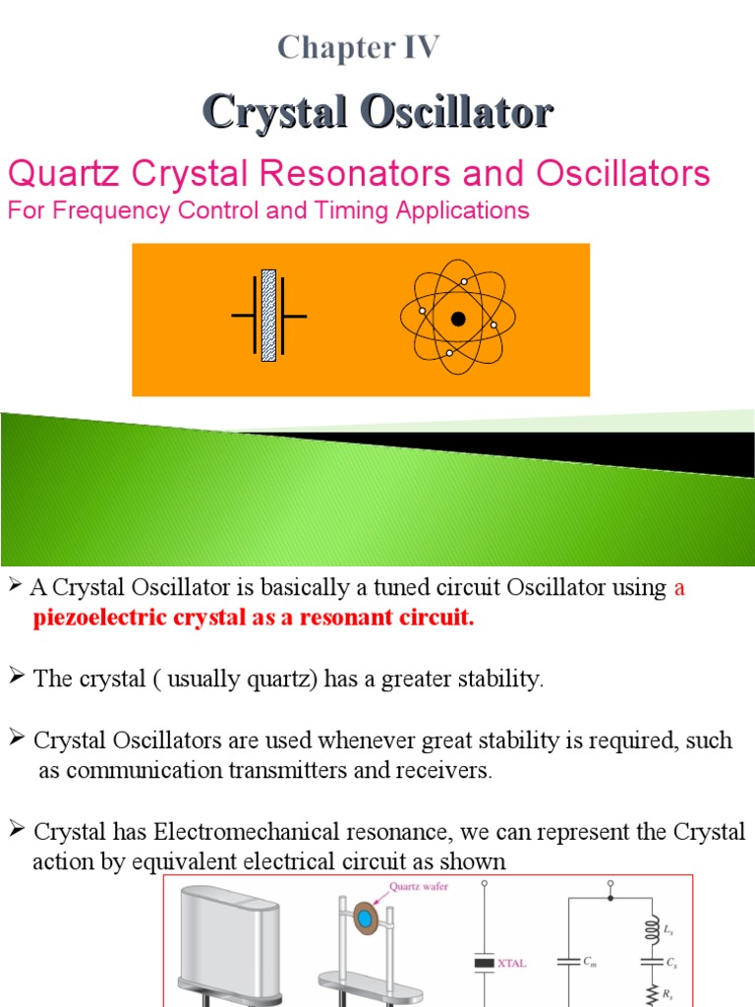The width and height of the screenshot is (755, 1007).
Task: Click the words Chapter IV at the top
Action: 358,47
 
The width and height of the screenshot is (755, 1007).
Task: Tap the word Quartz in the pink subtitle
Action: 57,174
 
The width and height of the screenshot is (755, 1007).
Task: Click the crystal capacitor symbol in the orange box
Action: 268,316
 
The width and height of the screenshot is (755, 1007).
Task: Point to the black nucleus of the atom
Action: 457,319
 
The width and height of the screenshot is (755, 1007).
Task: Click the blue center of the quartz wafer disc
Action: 366,918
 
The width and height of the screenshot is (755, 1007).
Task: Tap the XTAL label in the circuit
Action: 511,963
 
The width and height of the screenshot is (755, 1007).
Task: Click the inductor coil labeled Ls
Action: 649,929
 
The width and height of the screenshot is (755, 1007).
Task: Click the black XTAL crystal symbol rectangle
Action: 484,963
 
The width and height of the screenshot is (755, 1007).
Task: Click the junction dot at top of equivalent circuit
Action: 610,898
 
